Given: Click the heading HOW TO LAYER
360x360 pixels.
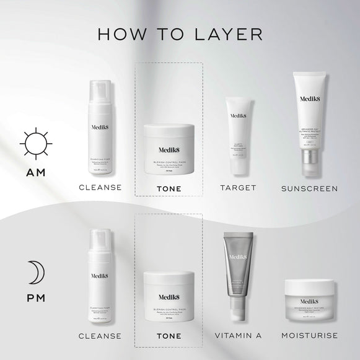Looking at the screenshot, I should point(180,33).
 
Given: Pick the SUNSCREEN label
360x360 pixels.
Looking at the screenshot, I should point(308,187).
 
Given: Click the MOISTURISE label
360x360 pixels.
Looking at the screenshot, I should point(309,336).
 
